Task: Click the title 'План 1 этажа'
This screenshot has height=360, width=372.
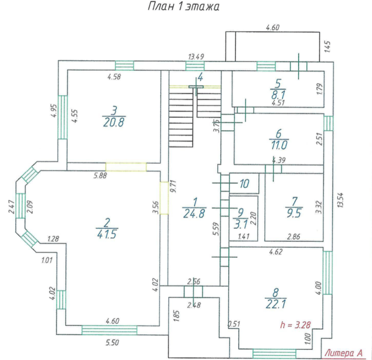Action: click(x=183, y=7)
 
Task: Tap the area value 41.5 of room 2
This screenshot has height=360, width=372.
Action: click(x=107, y=235)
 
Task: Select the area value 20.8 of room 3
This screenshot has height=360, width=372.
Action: click(x=113, y=123)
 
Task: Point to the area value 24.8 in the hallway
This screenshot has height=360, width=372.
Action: click(x=194, y=213)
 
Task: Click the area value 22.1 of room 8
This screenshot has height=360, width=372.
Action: click(x=276, y=304)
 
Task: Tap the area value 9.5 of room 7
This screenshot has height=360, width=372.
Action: click(x=294, y=213)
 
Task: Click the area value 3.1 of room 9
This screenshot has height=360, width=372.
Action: click(x=240, y=224)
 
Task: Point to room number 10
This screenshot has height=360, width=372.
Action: click(x=245, y=184)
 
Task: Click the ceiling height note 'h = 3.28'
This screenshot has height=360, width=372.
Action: click(x=295, y=325)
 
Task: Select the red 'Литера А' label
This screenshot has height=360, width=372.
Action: click(x=343, y=353)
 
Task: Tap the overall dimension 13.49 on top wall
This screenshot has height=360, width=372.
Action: click(x=196, y=57)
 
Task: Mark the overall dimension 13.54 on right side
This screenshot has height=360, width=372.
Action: click(x=340, y=200)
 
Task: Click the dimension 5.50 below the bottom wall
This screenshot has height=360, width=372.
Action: click(x=112, y=343)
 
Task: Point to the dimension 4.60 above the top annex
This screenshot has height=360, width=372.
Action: click(x=272, y=27)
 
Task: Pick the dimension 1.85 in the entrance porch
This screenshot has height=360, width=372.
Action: click(x=176, y=316)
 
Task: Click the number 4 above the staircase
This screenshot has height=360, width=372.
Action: click(x=200, y=77)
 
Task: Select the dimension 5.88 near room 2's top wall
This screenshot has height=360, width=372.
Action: click(x=100, y=176)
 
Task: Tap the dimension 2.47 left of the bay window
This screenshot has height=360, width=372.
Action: click(x=12, y=207)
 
